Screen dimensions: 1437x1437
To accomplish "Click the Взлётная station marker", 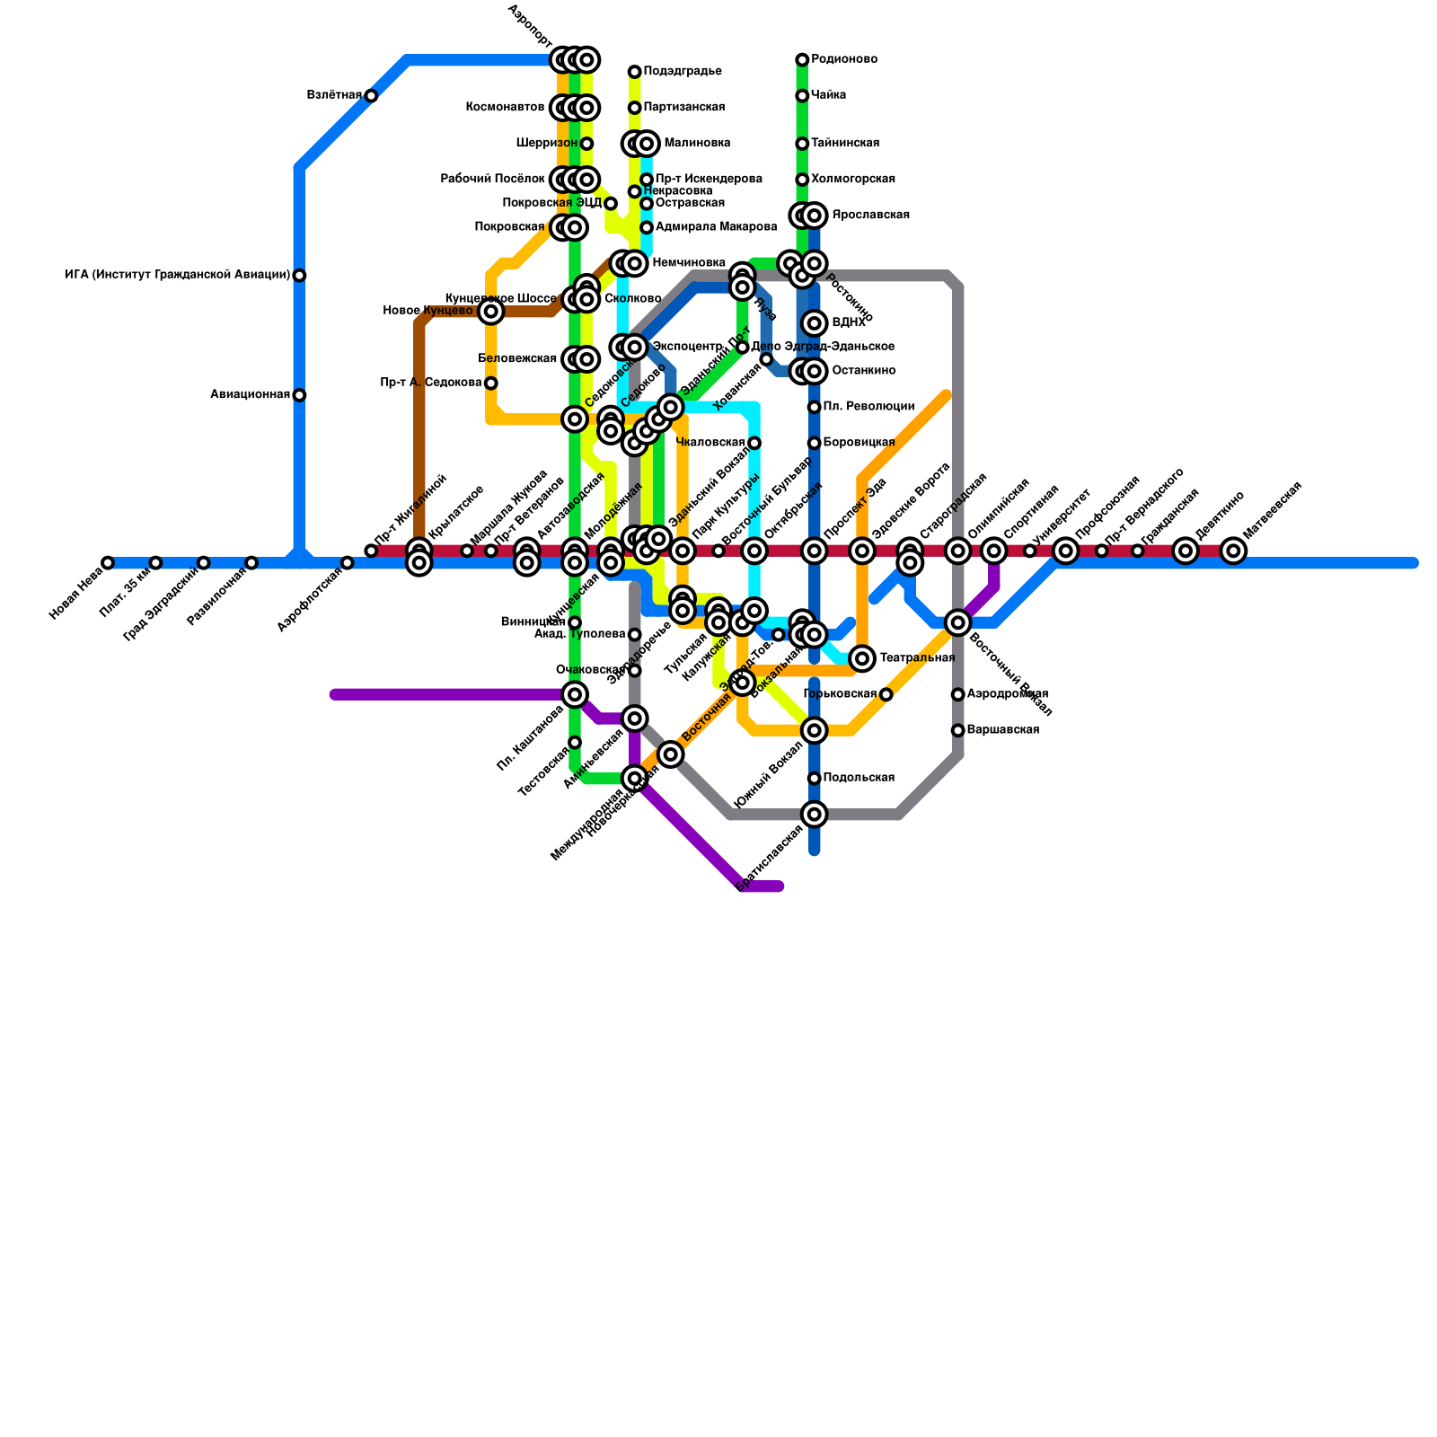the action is (371, 96).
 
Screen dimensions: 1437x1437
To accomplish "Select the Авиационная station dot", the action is (299, 395).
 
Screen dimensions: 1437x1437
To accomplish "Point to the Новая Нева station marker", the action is (108, 563).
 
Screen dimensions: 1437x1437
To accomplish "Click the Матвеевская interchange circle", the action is (1234, 551).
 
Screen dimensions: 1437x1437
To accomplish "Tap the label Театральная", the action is (916, 658).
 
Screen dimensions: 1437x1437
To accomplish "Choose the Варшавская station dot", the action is (958, 730).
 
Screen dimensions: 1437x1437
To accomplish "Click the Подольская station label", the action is (858, 778).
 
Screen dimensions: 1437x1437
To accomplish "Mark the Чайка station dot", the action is (802, 96).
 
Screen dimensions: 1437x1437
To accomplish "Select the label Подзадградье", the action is (683, 72).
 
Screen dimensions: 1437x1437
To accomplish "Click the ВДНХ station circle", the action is (815, 323).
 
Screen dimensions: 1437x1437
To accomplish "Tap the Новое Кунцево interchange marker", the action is (490, 312).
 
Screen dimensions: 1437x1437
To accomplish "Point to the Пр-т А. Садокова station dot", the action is (490, 383).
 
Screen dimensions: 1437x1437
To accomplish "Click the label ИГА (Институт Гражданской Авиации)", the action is (178, 276).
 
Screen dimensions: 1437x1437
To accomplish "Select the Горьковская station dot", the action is (886, 694).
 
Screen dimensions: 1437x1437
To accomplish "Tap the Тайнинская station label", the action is (844, 144).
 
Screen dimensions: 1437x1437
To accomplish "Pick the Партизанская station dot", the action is (635, 108).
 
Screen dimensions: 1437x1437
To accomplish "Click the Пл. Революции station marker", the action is (815, 407).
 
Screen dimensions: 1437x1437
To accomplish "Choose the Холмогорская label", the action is (852, 180).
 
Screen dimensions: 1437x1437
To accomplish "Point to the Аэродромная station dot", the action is (958, 694).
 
